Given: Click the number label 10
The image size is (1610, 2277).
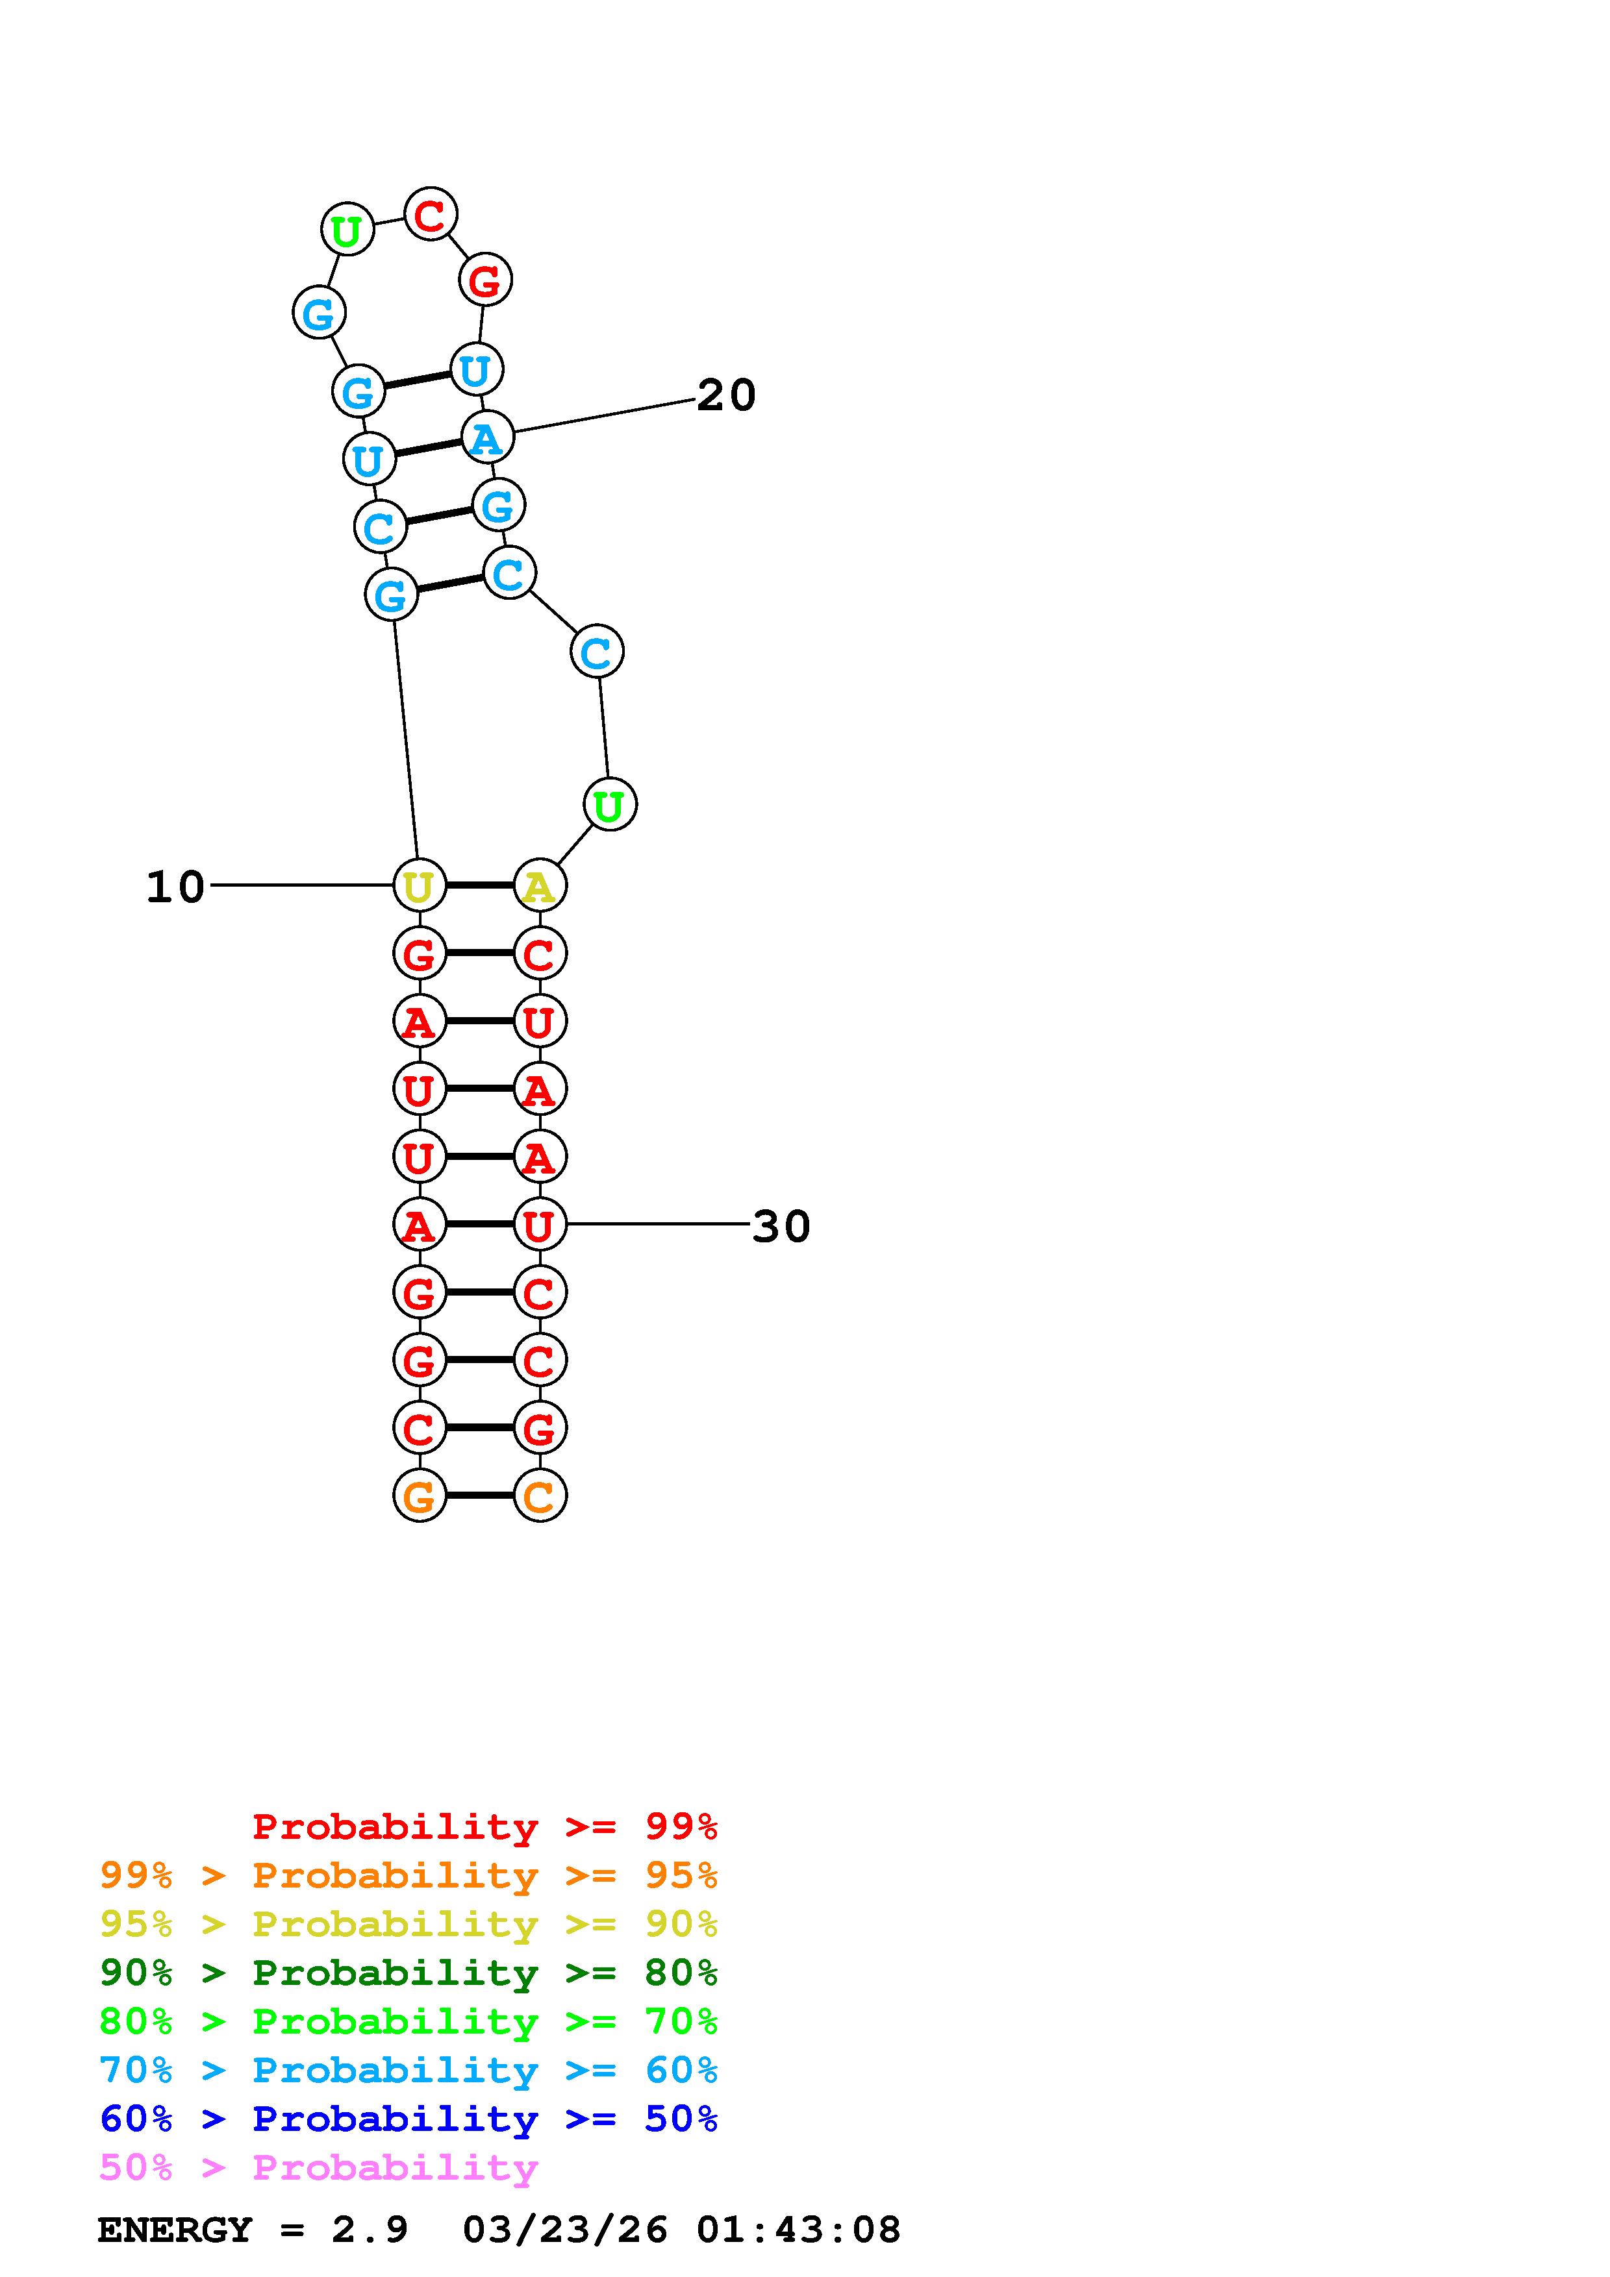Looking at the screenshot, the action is (x=175, y=887).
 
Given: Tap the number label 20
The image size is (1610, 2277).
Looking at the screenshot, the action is (x=726, y=396).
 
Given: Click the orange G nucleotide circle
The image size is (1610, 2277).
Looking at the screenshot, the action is (x=420, y=1495).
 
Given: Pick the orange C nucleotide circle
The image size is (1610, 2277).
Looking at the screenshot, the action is (x=540, y=1495).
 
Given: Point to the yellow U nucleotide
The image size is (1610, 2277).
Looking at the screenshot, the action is (x=420, y=885).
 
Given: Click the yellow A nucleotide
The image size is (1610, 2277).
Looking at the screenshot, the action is (x=540, y=885).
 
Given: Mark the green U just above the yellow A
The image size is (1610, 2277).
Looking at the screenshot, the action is (x=610, y=804).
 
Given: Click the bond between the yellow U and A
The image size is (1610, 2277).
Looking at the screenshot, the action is (x=480, y=885).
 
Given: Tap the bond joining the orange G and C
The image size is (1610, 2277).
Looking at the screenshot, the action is (x=480, y=1495).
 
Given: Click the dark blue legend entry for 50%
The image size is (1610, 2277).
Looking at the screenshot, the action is (x=409, y=2119).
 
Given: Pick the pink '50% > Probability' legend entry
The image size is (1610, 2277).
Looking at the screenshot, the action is (x=318, y=2168).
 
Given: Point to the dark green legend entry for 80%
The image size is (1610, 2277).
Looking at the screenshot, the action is (x=409, y=1973).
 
